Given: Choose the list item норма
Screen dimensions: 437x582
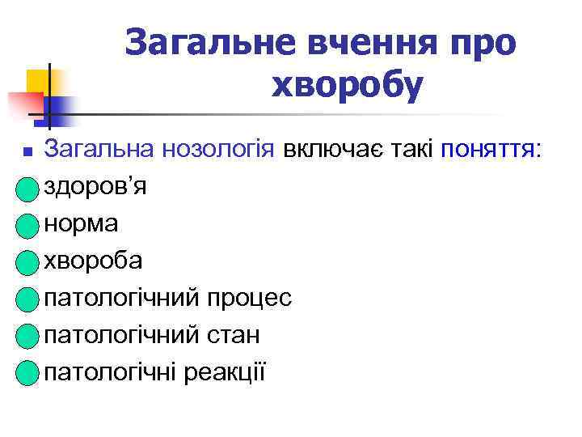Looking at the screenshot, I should [x=82, y=224].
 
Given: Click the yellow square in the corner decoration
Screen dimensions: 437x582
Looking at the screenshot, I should [x=36, y=81].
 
